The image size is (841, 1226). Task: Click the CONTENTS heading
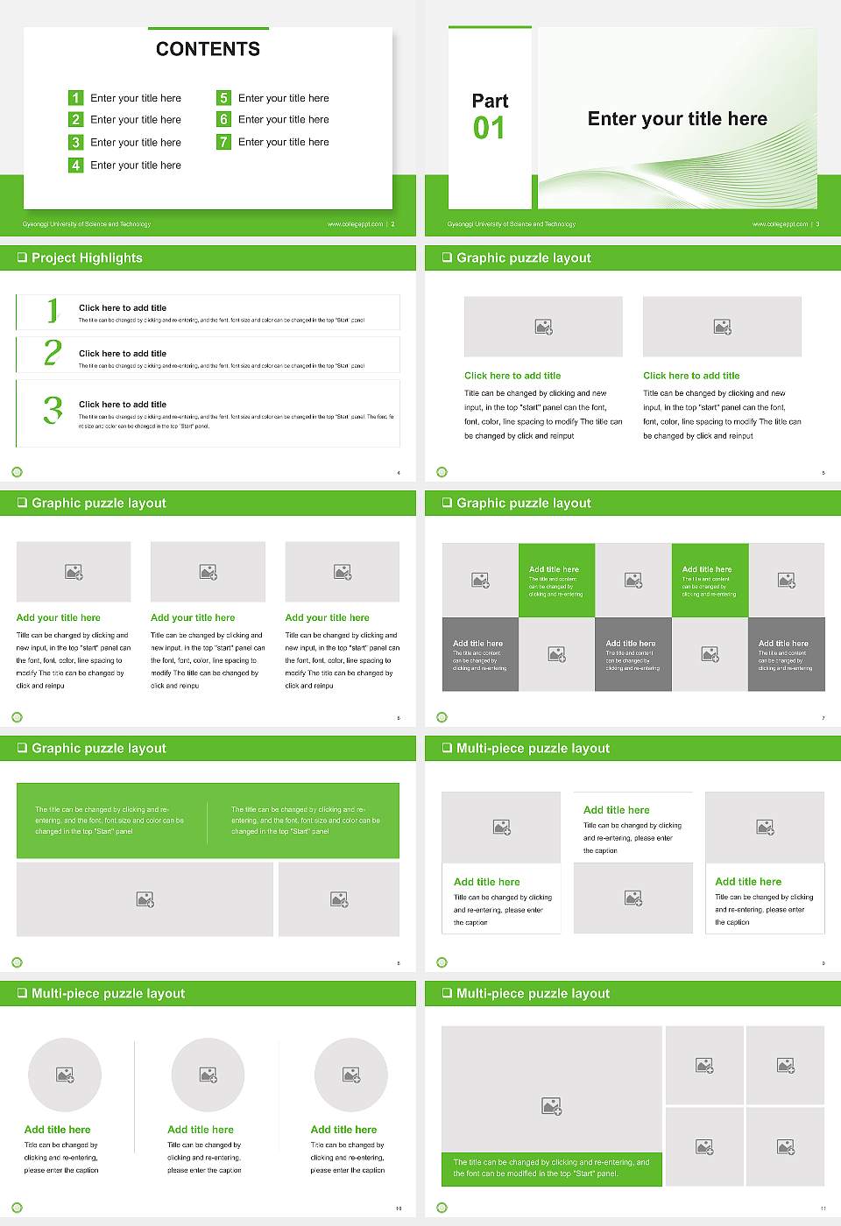pos(208,49)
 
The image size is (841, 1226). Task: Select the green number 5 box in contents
pos(223,98)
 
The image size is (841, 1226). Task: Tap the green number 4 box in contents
pos(75,165)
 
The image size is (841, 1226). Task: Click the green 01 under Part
pos(489,129)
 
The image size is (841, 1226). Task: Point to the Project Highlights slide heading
pos(86,257)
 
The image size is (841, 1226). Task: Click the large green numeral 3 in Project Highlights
pos(53,410)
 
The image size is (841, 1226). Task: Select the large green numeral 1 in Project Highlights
pos(53,310)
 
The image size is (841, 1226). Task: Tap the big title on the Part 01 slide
pos(677,119)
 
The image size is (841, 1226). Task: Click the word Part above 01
pos(490,101)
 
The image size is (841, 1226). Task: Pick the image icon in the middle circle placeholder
pos(208,1075)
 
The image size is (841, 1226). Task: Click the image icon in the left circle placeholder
pos(65,1075)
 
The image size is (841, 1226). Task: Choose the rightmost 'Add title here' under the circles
pos(343,1130)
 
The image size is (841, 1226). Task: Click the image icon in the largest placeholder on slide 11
pos(551,1107)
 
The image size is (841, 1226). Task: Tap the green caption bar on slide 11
pos(551,1168)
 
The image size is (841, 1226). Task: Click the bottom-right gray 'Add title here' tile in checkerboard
pos(786,654)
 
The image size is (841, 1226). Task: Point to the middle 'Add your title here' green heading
pos(193,617)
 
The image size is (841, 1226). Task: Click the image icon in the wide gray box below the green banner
pos(145,899)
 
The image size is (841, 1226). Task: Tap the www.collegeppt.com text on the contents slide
pos(355,224)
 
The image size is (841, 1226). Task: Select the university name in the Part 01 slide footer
pos(511,224)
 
